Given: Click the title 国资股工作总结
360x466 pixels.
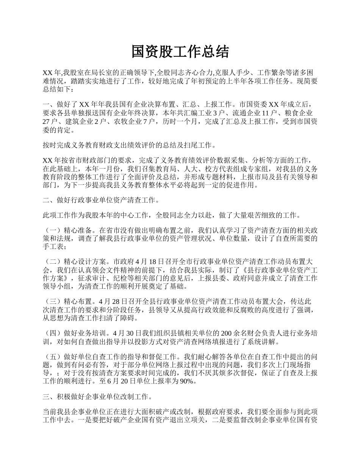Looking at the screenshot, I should click(x=180, y=52).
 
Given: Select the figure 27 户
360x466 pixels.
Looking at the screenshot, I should click(x=49, y=122).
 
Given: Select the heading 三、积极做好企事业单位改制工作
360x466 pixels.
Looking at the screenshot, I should click(x=97, y=397).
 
